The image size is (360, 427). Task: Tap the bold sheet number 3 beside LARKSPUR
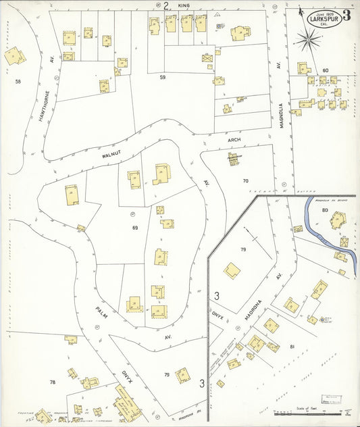point(346,16)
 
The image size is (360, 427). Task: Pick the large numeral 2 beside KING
point(166,5)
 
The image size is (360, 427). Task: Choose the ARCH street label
point(234,141)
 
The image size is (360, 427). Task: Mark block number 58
point(18,81)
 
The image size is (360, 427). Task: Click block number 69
point(135,228)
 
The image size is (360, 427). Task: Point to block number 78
point(52,382)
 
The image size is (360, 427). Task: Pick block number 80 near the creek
point(324,210)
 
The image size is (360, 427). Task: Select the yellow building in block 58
point(13,57)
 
